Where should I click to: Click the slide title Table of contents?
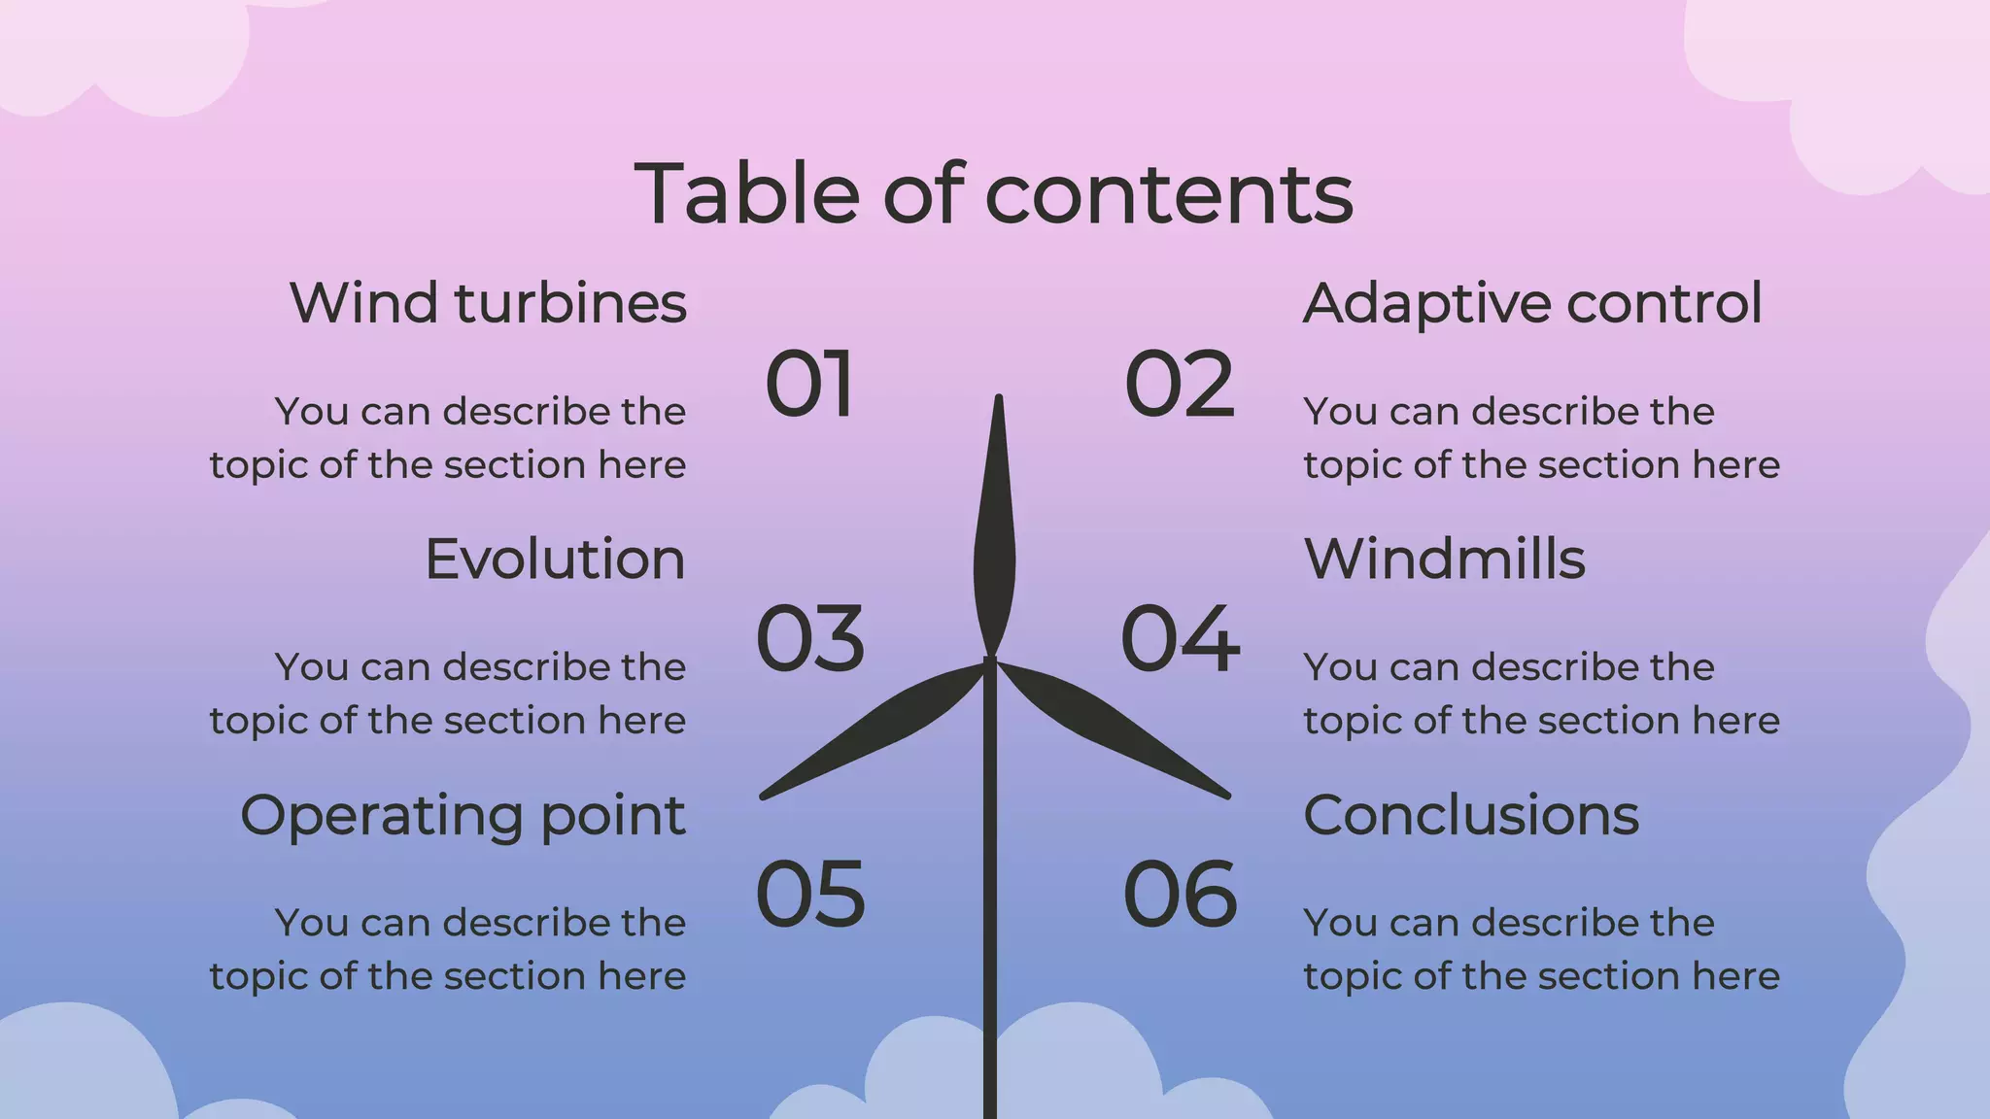click(993, 194)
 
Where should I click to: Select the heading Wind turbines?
click(488, 303)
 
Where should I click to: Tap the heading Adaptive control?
click(1532, 303)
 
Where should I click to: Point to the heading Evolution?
click(555, 559)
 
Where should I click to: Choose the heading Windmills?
click(1444, 559)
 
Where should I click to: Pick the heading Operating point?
click(463, 816)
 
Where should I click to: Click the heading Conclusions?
click(1471, 815)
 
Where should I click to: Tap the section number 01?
click(809, 385)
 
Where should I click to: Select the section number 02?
click(1180, 385)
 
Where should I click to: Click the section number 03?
click(809, 639)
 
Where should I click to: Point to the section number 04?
click(1180, 639)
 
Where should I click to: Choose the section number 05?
click(809, 895)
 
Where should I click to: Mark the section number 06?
click(1180, 895)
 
